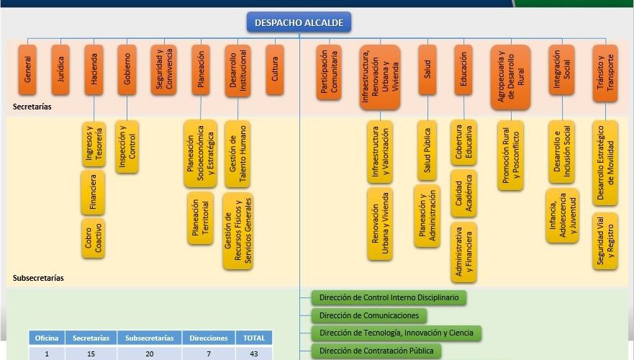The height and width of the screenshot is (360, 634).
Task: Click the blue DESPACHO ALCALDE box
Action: tap(299, 22)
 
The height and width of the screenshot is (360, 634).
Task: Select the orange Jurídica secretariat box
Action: tap(60, 70)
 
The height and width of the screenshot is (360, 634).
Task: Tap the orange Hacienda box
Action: tap(94, 70)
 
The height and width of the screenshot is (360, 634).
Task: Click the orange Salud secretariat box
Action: tap(427, 70)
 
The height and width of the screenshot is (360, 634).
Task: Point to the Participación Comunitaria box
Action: tap(328, 72)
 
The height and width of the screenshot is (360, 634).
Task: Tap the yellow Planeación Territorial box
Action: tap(200, 218)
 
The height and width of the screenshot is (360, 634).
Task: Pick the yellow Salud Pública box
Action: tap(427, 150)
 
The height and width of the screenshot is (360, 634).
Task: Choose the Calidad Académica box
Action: tap(463, 194)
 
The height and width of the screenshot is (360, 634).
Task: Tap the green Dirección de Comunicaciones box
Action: tap(368, 315)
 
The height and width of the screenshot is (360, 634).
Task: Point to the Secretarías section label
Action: tap(32, 107)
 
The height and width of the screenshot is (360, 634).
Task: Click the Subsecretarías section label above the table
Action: tap(38, 277)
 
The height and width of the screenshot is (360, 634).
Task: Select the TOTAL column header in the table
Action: tap(254, 338)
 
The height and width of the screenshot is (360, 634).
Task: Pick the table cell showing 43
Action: tap(254, 354)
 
